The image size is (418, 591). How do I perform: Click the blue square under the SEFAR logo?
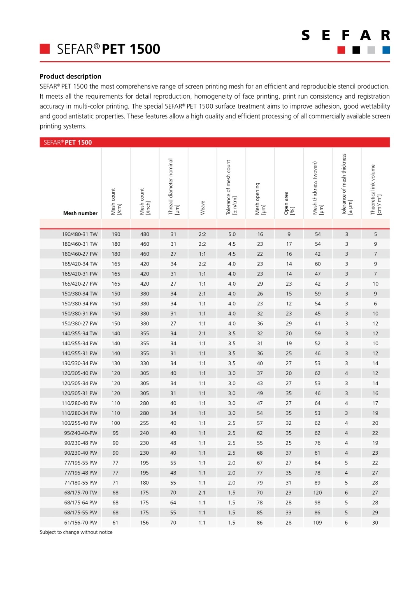pos(386,50)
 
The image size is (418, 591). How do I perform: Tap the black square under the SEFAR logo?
pos(356,50)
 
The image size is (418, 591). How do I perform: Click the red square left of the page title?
pos(45,49)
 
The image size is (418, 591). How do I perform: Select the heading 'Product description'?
pos(70,76)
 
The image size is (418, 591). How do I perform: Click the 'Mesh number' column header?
pos(80,213)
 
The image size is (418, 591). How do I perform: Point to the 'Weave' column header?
pos(203,207)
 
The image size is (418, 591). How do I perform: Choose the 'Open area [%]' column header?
pos(289,203)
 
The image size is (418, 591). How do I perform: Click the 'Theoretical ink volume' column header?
pos(376,190)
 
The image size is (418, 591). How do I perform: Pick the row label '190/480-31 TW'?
pos(80,234)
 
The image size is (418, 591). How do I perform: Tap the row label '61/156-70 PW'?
pos(81,523)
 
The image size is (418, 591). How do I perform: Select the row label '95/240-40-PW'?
pos(81,433)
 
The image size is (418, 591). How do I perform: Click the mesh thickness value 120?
pos(317,493)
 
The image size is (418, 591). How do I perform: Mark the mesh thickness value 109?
pos(317,523)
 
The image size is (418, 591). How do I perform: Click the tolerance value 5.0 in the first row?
pos(232,234)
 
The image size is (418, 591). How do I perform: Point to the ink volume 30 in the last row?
pos(375,523)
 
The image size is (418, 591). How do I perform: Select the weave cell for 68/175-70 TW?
pos(202,493)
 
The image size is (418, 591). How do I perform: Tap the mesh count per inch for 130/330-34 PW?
pos(144,363)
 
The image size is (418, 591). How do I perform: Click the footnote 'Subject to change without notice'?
pos(76,532)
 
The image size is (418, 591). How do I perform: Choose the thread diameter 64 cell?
pos(173,503)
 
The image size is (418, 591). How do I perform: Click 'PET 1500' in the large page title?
pos(131,49)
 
